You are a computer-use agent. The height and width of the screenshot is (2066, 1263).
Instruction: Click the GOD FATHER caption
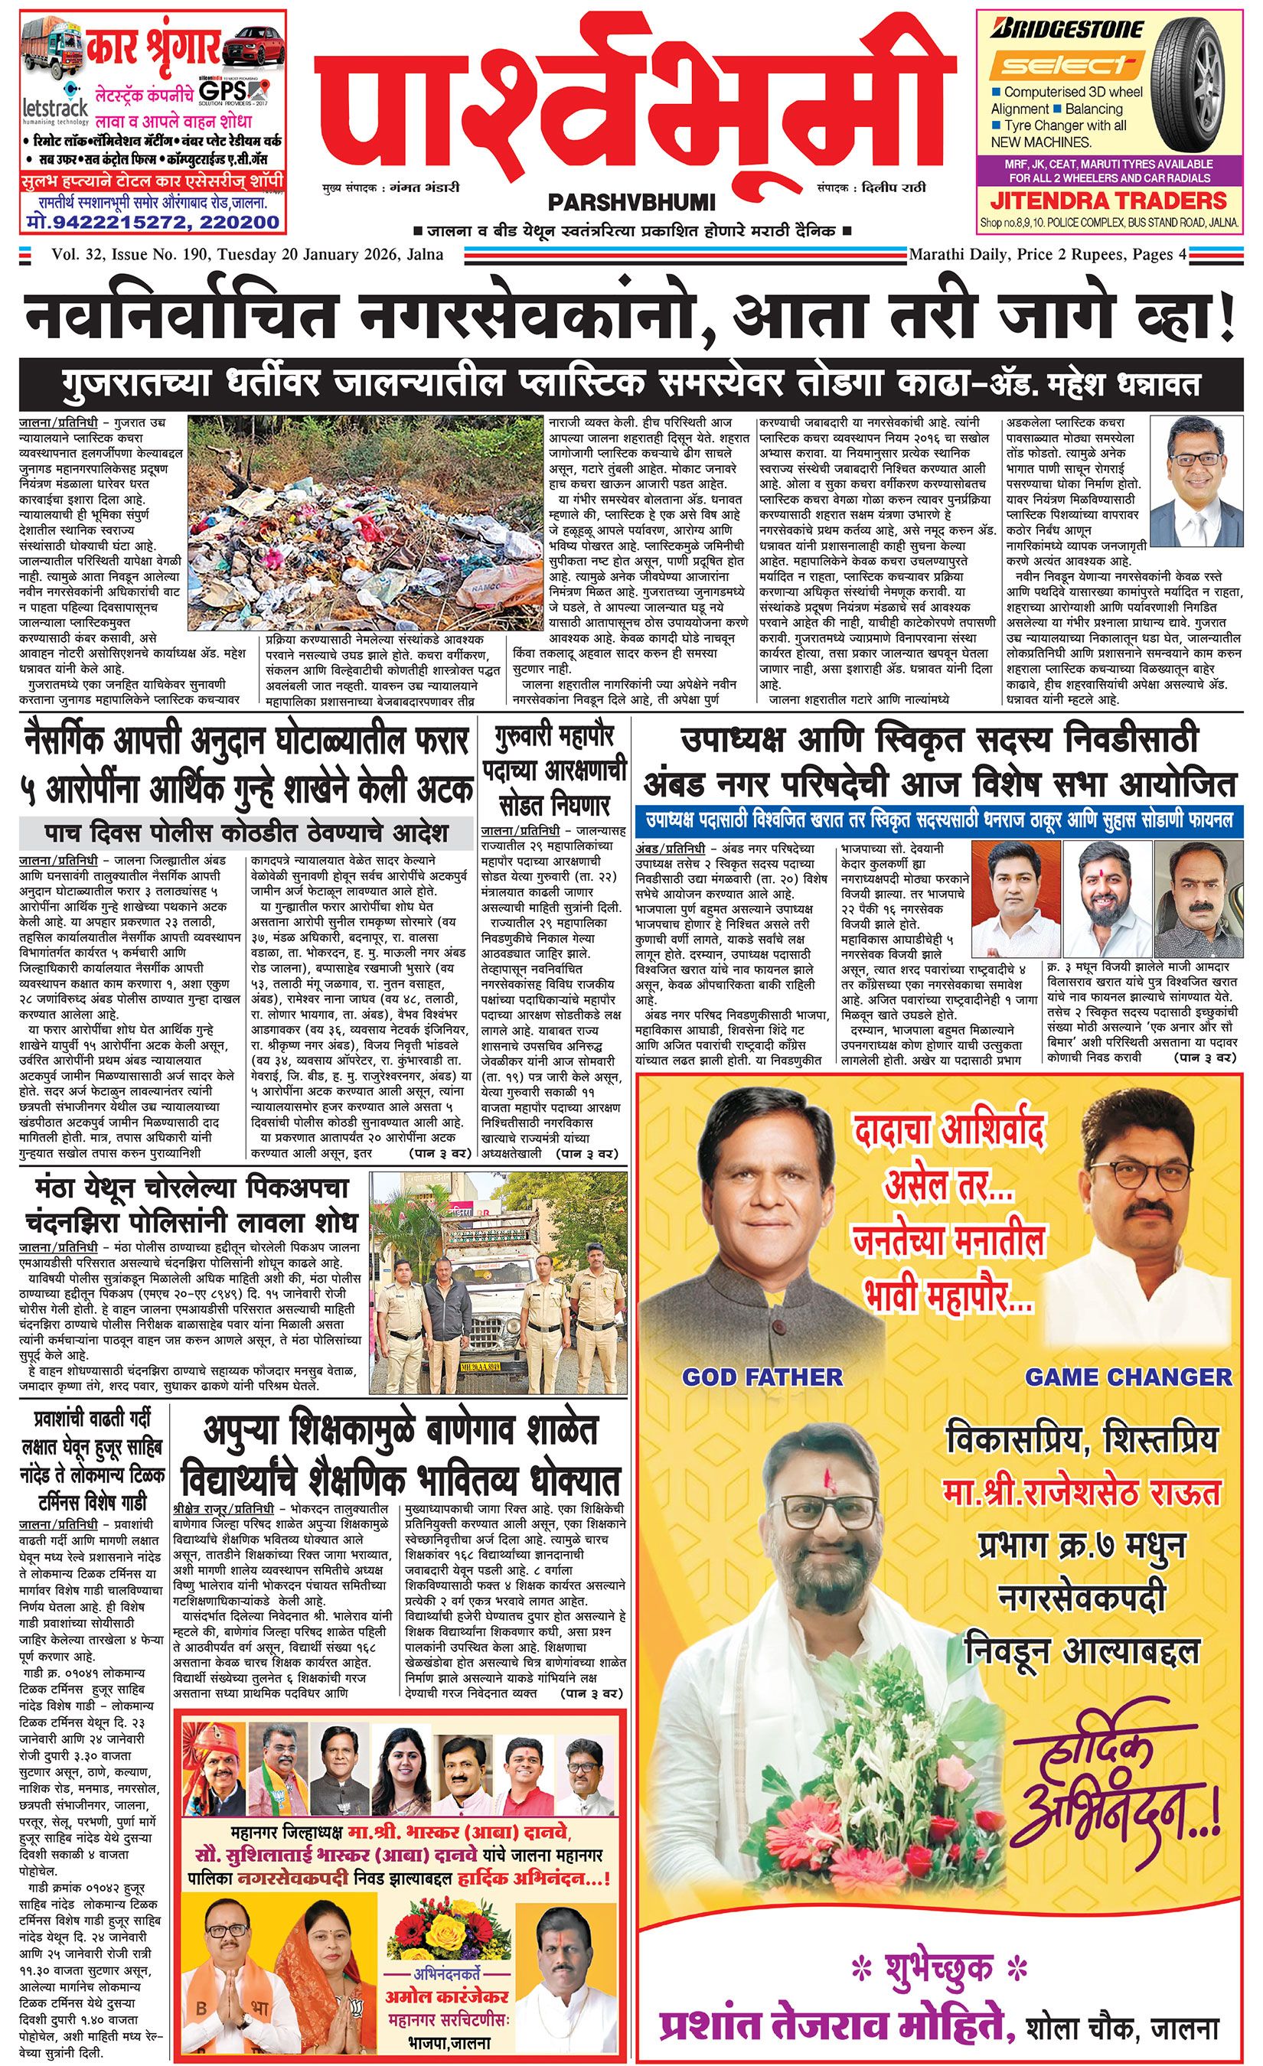tap(762, 1376)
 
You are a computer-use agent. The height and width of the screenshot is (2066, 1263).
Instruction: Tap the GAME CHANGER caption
tap(1128, 1376)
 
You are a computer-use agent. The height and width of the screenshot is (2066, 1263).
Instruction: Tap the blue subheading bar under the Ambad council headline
tap(938, 817)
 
